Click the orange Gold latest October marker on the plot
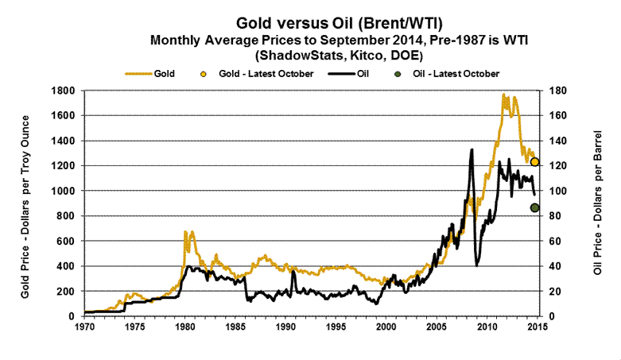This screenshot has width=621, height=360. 535,162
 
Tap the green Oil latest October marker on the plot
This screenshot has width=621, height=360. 535,208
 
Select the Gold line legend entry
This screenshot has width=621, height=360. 151,73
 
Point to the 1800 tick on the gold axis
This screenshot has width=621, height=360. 62,91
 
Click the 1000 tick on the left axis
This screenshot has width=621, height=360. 62,191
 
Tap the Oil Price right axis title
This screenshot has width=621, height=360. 599,203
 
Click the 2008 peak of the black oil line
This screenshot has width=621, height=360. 472,150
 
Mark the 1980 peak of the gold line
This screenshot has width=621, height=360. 184,231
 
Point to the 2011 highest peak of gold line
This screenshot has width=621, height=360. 503,95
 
